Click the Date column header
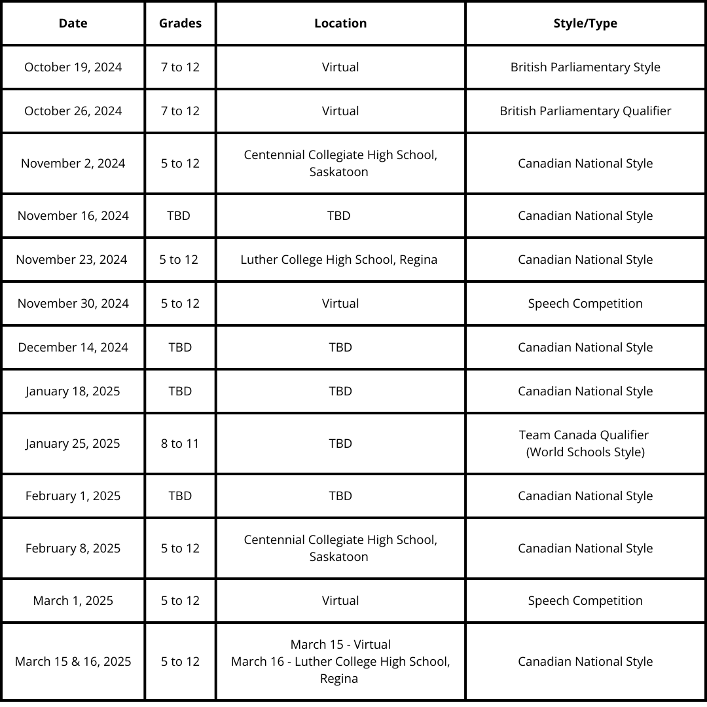[73, 24]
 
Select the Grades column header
[180, 24]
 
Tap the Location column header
[340, 24]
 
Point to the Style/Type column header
[585, 24]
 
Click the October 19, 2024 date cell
[73, 67]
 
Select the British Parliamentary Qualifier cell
[585, 111]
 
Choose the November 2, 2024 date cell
[73, 164]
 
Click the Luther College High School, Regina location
[339, 260]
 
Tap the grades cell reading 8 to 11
[180, 444]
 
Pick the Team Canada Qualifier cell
[585, 443]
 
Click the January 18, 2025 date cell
[73, 391]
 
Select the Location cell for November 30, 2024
[340, 304]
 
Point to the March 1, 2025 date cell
[73, 601]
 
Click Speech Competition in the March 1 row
[585, 601]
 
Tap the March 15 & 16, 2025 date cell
[73, 662]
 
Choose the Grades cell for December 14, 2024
[180, 348]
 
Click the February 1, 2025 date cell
[73, 496]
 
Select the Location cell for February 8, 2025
[340, 549]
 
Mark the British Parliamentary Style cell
[585, 67]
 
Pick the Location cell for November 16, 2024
[339, 216]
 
